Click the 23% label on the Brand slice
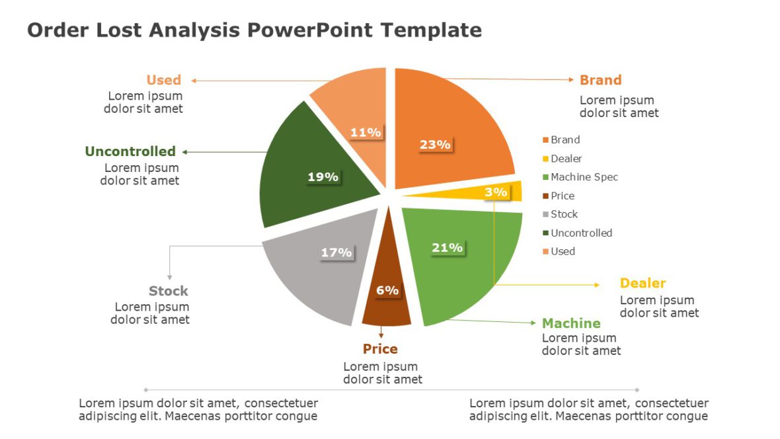(x=435, y=144)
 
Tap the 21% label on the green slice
(x=447, y=248)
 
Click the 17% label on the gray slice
(x=336, y=253)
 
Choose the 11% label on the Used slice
(x=366, y=132)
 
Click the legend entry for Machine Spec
(x=584, y=177)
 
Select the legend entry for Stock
(x=564, y=214)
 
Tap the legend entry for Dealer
(x=566, y=159)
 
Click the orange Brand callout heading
(x=600, y=80)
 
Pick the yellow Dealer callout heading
(x=643, y=283)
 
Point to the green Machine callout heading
(x=571, y=323)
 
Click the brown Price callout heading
(x=380, y=349)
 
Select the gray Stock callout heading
(x=168, y=291)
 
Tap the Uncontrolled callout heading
(x=130, y=151)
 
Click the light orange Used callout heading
(x=163, y=80)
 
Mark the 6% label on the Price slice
(x=387, y=290)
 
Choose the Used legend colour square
(x=545, y=251)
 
